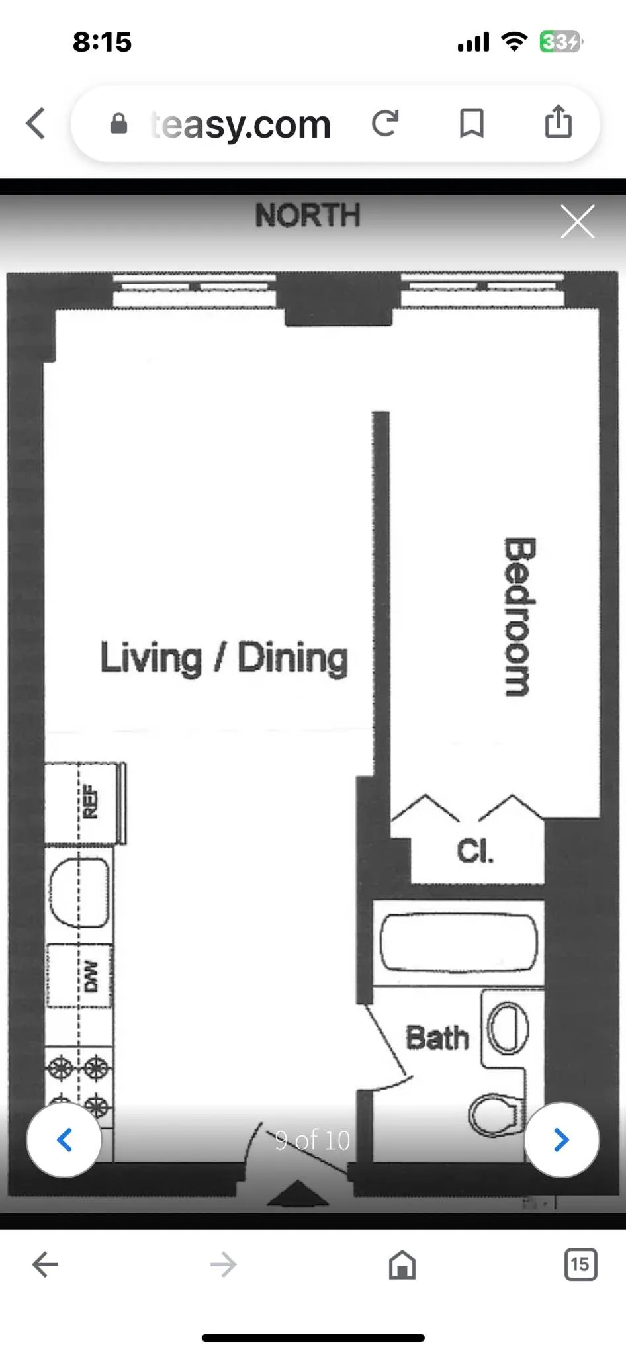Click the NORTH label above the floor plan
[308, 215]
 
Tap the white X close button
[577, 221]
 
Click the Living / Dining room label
[224, 658]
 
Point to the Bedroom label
[518, 616]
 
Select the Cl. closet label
[474, 851]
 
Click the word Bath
[437, 1037]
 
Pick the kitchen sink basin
[79, 893]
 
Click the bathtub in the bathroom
[458, 942]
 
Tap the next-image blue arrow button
[561, 1139]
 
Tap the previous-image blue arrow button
[64, 1139]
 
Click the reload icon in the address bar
[385, 123]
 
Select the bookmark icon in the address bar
[471, 123]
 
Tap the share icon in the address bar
[558, 122]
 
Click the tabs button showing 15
[580, 1264]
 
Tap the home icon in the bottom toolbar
[402, 1264]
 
